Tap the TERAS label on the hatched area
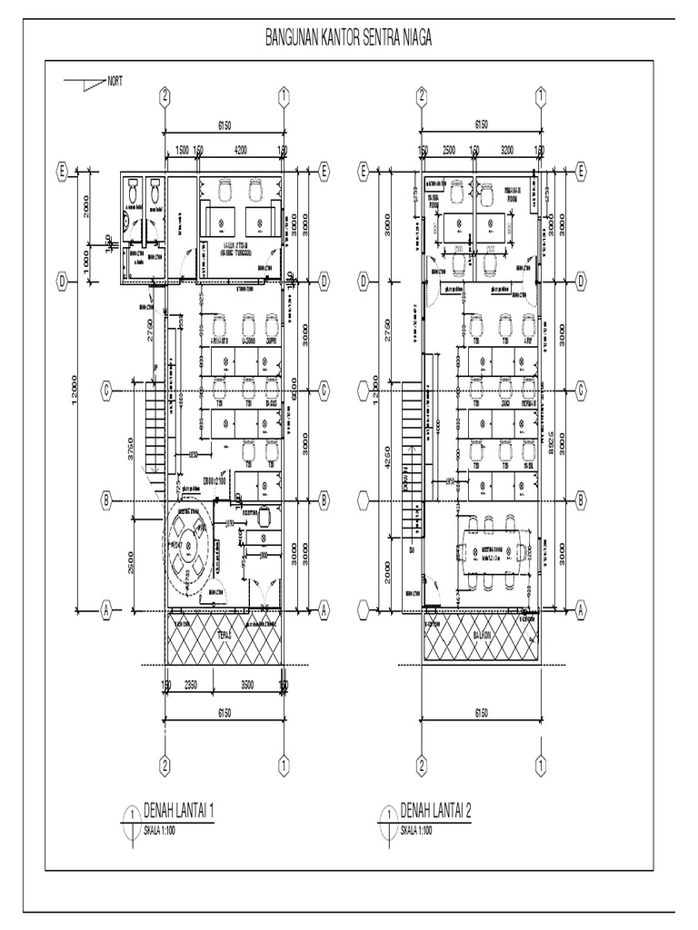click(x=223, y=637)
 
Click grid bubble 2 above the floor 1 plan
click(x=165, y=96)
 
